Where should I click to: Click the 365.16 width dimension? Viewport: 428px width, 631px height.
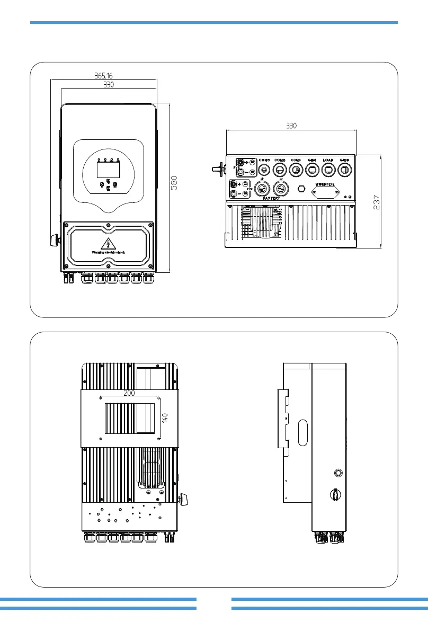103,76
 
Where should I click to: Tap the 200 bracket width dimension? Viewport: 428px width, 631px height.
129,393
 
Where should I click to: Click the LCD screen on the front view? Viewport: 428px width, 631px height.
108,170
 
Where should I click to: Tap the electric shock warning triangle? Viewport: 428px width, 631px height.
109,243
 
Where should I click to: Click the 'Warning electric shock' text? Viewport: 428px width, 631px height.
109,252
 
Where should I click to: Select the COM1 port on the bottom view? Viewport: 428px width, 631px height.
264,170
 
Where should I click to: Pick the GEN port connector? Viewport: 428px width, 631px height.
313,170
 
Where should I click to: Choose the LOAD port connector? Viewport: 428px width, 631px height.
328,170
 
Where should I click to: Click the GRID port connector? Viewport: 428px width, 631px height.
345,170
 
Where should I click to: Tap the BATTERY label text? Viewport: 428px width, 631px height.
271,198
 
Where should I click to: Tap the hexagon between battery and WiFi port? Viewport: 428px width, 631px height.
301,188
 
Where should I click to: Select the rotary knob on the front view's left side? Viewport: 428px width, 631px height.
53,239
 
